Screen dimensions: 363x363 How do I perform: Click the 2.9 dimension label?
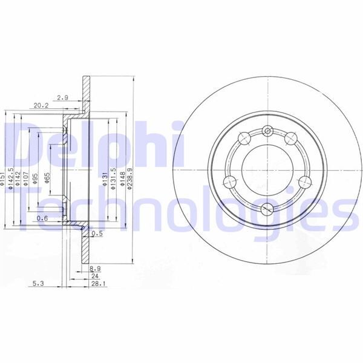(x=62, y=97)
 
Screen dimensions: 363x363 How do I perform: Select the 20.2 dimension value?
(x=41, y=105)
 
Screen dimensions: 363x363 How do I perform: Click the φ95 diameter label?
(x=36, y=178)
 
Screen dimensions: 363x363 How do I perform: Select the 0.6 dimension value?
(x=42, y=218)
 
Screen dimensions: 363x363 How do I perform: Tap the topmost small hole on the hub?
(x=267, y=129)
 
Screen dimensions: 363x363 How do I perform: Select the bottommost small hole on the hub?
(x=267, y=210)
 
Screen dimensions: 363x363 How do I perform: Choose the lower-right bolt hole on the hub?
(x=304, y=181)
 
